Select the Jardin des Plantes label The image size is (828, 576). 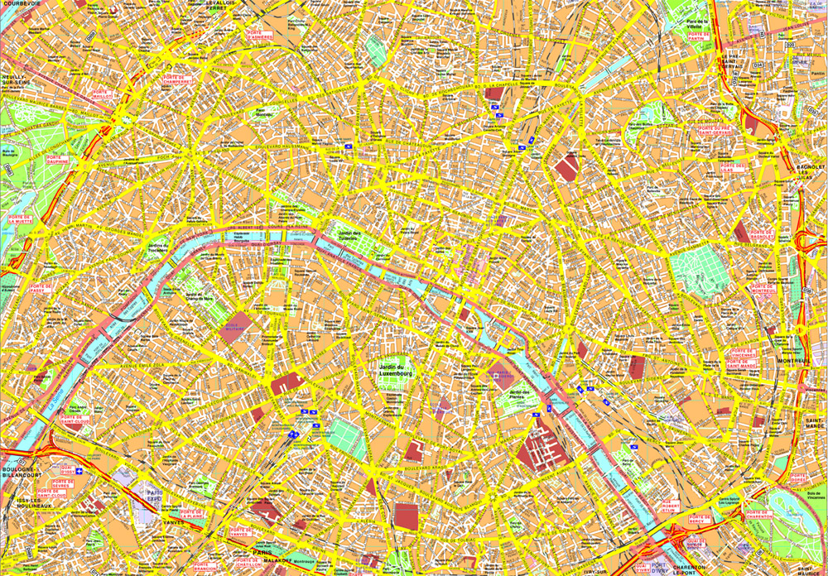click(519, 395)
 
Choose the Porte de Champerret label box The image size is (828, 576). click(177, 81)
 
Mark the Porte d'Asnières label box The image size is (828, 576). click(258, 36)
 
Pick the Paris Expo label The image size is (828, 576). click(152, 497)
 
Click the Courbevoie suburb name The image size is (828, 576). click(21, 5)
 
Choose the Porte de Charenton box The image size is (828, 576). click(758, 515)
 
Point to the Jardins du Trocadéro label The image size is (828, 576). click(157, 248)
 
